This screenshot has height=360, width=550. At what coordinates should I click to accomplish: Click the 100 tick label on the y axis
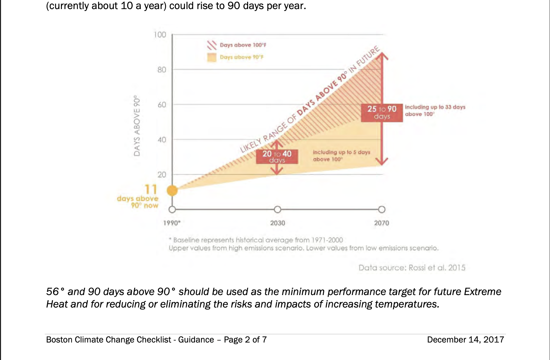160,35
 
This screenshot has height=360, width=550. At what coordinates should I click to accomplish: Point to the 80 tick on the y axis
162,70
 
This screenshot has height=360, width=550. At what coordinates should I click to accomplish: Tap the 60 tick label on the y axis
162,105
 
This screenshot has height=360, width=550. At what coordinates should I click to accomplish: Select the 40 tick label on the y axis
162,140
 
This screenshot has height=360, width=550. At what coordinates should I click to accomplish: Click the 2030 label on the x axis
278,223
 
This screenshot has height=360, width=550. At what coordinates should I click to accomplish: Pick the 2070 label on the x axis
382,223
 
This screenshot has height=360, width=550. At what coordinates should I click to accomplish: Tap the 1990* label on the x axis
172,223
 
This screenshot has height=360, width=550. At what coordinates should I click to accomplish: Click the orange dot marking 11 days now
172,190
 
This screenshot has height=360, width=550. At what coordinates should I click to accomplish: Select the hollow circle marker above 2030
277,210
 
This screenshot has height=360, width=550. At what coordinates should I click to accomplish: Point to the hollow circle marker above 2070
382,210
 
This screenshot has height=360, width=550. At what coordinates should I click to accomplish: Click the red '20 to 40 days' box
277,157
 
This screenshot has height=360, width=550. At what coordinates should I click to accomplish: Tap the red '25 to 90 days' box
382,113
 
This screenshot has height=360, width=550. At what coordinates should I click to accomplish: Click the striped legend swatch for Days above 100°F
212,45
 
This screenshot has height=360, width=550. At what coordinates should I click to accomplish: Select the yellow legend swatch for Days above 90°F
212,57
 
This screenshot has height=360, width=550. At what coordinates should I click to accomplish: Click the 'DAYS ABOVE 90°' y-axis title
137,125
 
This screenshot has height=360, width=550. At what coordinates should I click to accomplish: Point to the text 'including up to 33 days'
435,107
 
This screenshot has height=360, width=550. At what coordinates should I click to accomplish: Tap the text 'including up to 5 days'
342,152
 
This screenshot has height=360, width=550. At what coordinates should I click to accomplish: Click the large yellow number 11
151,189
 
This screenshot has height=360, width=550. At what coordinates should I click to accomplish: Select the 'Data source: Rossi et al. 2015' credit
412,267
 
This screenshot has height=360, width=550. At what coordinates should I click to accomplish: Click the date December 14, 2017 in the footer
466,339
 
